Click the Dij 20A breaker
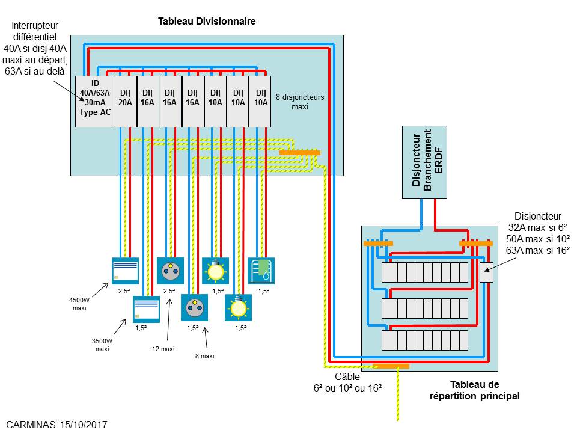[126, 101]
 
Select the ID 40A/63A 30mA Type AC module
[95, 101]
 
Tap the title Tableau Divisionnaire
[207, 21]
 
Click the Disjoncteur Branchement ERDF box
[424, 162]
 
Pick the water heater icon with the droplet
[261, 270]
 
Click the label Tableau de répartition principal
[474, 390]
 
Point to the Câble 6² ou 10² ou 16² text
[347, 382]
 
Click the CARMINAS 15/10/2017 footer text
[57, 424]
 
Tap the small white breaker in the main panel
[486, 272]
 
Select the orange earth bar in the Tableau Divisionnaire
[300, 153]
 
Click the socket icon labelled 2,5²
[169, 270]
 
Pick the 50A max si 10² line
[538, 239]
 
